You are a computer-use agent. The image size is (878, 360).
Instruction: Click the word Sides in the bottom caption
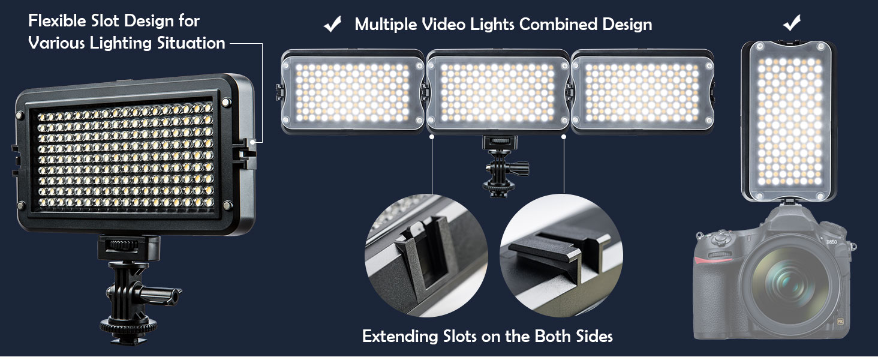pos(591,336)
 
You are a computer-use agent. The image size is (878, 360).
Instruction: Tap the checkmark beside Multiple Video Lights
pos(332,25)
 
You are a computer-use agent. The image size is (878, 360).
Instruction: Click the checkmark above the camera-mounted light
pos(792,23)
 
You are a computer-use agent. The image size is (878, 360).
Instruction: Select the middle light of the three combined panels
pos(498,91)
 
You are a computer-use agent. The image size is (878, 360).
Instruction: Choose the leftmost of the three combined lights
pos(353,91)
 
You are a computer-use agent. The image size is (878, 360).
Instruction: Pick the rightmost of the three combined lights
pos(642,91)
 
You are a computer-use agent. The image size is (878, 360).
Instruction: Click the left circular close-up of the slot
pos(426,255)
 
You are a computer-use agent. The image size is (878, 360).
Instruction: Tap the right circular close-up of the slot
pos(561,255)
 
